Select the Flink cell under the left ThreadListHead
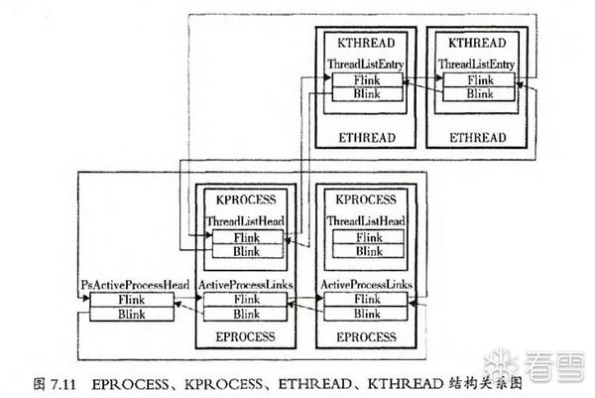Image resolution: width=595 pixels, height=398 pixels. click(x=245, y=237)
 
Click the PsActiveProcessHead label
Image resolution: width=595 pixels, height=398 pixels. click(x=134, y=285)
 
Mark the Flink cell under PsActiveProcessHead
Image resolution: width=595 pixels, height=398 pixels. click(x=132, y=299)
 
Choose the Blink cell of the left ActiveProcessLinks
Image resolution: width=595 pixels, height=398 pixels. click(x=245, y=313)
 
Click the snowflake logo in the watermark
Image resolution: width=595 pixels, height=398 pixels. click(x=508, y=363)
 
